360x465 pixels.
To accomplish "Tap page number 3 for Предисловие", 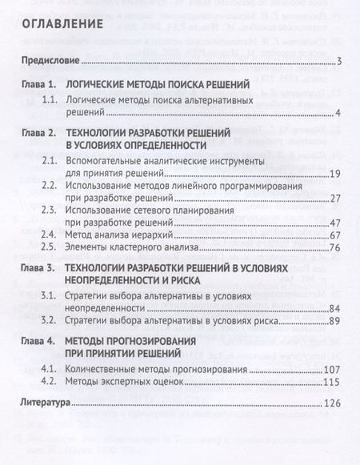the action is (340, 62).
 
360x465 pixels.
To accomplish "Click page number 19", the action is (337, 174).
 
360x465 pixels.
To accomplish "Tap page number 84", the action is (337, 309).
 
